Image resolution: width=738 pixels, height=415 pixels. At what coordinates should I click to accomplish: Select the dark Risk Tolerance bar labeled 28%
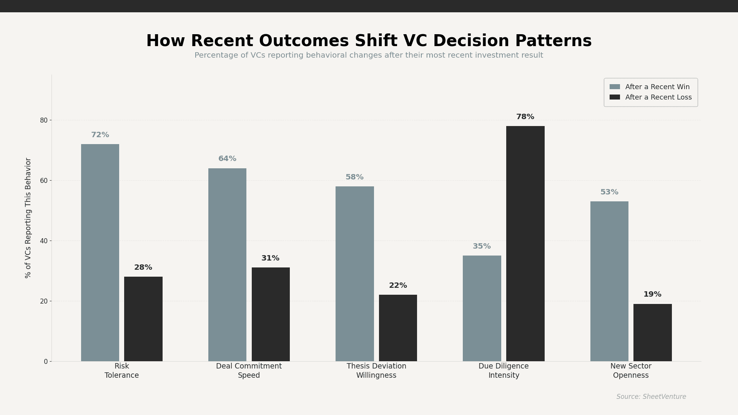(143, 319)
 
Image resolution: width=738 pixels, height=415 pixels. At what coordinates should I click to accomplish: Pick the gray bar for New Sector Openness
(609, 281)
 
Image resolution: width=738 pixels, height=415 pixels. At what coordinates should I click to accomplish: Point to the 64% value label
(227, 159)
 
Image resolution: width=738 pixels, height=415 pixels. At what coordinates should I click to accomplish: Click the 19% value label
(652, 294)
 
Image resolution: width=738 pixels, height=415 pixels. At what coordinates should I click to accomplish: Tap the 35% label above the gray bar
(482, 246)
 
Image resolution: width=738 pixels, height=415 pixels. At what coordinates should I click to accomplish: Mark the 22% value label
(398, 286)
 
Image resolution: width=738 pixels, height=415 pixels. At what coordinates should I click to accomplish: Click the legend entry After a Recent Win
(657, 87)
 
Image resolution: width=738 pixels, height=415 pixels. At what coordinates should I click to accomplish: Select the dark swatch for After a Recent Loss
(615, 97)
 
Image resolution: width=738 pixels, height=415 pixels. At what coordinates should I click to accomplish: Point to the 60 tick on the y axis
(43, 181)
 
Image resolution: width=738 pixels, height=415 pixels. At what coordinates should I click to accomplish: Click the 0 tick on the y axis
(45, 362)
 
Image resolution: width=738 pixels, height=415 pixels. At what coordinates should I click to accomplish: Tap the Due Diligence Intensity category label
(504, 371)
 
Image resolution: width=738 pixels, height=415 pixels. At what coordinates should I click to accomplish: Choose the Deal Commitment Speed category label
(249, 371)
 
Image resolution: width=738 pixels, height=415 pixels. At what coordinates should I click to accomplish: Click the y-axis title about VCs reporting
(28, 218)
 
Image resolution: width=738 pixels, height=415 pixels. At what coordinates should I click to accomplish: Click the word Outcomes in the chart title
(303, 41)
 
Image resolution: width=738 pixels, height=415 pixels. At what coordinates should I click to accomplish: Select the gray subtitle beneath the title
(369, 55)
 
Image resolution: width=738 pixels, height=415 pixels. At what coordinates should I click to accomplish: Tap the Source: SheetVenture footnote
(651, 397)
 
